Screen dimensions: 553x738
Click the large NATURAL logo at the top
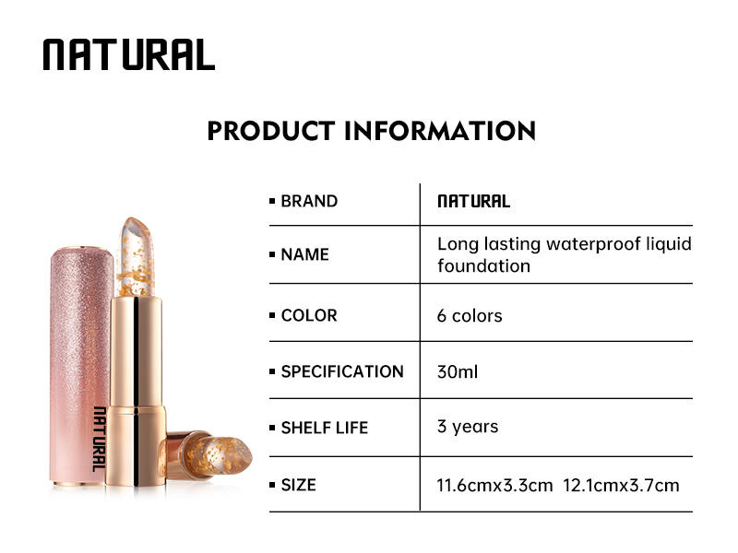pyautogui.click(x=128, y=55)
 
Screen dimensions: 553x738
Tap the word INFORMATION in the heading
pyautogui.click(x=440, y=130)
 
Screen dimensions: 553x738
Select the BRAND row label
pyautogui.click(x=308, y=201)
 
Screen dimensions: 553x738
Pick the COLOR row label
pyautogui.click(x=308, y=315)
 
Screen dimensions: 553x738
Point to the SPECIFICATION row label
pyautogui.click(x=341, y=371)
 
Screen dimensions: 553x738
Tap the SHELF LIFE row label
pyautogui.click(x=324, y=428)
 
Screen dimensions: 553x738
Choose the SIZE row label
pyautogui.click(x=298, y=484)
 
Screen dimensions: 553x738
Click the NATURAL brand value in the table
pyautogui.click(x=473, y=201)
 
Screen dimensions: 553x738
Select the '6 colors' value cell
pyautogui.click(x=470, y=315)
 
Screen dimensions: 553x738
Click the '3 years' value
pyautogui.click(x=468, y=427)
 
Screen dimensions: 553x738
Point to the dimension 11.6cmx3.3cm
pyautogui.click(x=495, y=485)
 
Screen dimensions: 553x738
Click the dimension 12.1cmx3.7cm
pyautogui.click(x=625, y=485)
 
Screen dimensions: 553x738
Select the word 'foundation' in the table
pyautogui.click(x=483, y=266)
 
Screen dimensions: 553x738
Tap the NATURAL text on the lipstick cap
pyautogui.click(x=99, y=439)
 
